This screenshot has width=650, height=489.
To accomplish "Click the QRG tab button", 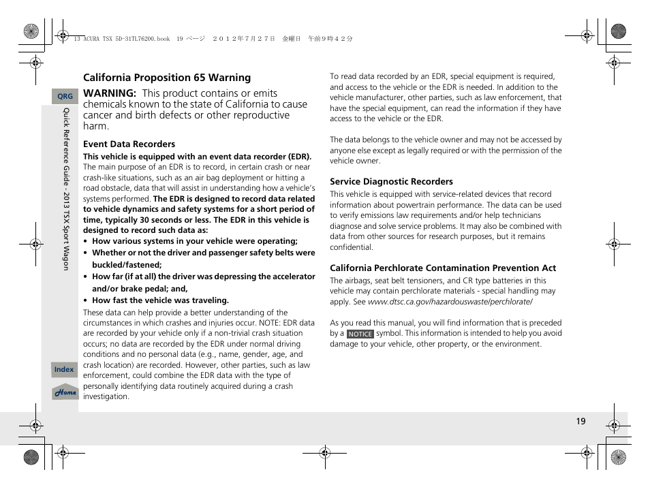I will (x=65, y=97).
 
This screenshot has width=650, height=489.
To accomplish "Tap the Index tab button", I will (x=64, y=370).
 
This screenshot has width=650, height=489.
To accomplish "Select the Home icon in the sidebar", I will (x=65, y=392).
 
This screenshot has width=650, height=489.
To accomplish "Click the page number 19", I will (x=581, y=422).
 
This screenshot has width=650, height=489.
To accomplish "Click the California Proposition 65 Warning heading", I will (x=167, y=78).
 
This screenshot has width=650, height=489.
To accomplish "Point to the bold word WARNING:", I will (x=110, y=93).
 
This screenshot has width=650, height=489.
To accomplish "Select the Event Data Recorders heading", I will (x=129, y=144).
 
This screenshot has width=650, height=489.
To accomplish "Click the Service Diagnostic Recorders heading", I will (x=391, y=182).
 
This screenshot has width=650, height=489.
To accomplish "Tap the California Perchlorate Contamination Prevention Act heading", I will (x=443, y=268).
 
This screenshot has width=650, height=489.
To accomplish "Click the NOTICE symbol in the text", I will (x=360, y=334).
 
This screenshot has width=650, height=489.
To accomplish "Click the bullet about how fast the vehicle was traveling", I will (x=160, y=300).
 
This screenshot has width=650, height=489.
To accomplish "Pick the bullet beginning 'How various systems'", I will (x=194, y=241).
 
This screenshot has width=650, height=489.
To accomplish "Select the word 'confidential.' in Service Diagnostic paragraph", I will (x=352, y=247).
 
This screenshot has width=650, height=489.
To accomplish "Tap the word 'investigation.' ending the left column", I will (x=106, y=396).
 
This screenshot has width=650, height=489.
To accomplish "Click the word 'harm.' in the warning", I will (x=96, y=126).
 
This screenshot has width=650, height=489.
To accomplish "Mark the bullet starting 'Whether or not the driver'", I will (x=203, y=253).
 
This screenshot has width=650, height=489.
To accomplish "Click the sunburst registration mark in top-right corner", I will (x=618, y=31).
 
